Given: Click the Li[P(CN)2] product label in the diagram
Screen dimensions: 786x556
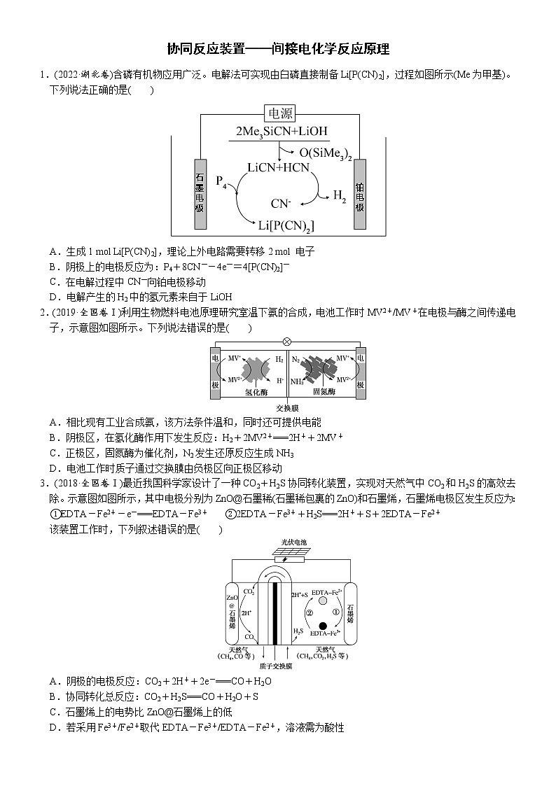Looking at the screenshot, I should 286,225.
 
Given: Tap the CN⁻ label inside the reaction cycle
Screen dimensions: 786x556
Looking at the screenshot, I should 281,204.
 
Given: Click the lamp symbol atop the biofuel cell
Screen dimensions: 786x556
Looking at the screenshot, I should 286,342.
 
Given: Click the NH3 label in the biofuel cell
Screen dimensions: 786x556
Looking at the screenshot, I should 296,381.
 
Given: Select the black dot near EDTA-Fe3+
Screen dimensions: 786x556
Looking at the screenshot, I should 323,625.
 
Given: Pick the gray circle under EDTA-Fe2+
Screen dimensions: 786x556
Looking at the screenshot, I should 322,600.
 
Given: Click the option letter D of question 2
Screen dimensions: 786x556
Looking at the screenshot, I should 53,468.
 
